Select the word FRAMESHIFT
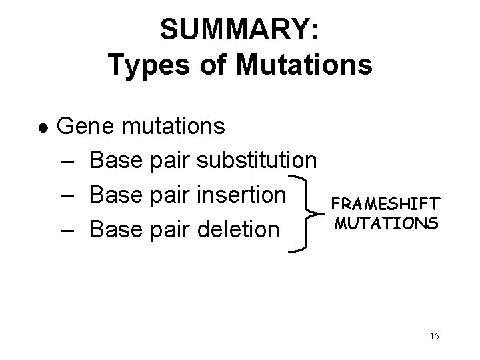tap(387, 203)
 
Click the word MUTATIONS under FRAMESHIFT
tap(387, 222)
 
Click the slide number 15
tap(434, 336)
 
